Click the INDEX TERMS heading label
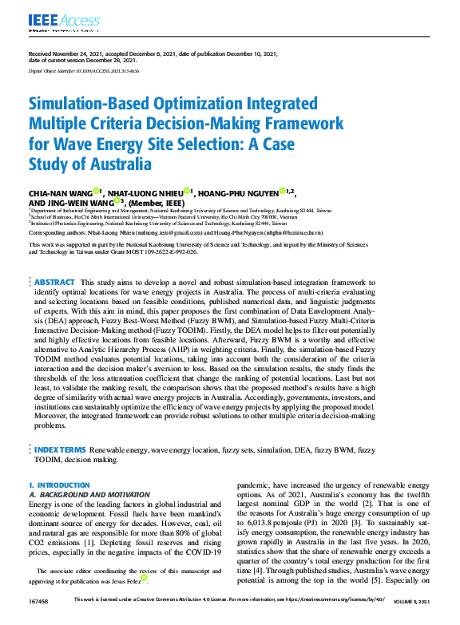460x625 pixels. click(60, 450)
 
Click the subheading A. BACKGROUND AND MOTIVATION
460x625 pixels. click(87, 495)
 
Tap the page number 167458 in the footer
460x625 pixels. click(38, 619)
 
